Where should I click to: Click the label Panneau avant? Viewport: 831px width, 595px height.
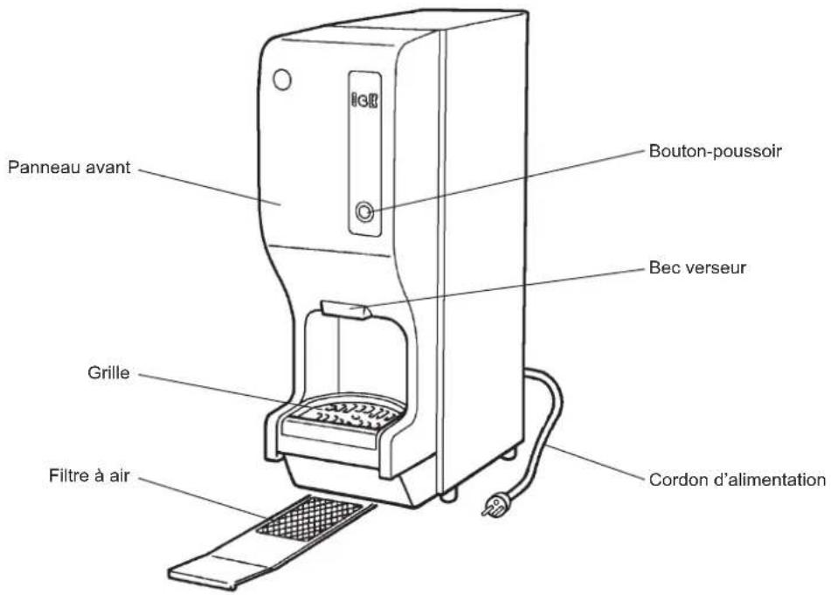click(x=69, y=168)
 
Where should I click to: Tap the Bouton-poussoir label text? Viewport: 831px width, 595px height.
click(x=716, y=151)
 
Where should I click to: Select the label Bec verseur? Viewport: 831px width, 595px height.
click(x=697, y=267)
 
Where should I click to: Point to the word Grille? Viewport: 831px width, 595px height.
click(x=108, y=372)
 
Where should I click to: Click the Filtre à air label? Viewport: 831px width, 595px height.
click(x=89, y=475)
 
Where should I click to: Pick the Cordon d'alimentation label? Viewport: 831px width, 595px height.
click(x=738, y=480)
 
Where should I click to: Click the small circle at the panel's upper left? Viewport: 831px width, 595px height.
click(x=282, y=80)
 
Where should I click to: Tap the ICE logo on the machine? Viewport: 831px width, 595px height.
click(x=364, y=100)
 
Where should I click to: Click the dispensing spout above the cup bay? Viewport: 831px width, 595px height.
click(x=345, y=310)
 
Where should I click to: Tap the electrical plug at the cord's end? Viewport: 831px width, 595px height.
click(x=495, y=504)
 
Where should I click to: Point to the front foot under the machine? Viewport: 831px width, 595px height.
click(x=448, y=495)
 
